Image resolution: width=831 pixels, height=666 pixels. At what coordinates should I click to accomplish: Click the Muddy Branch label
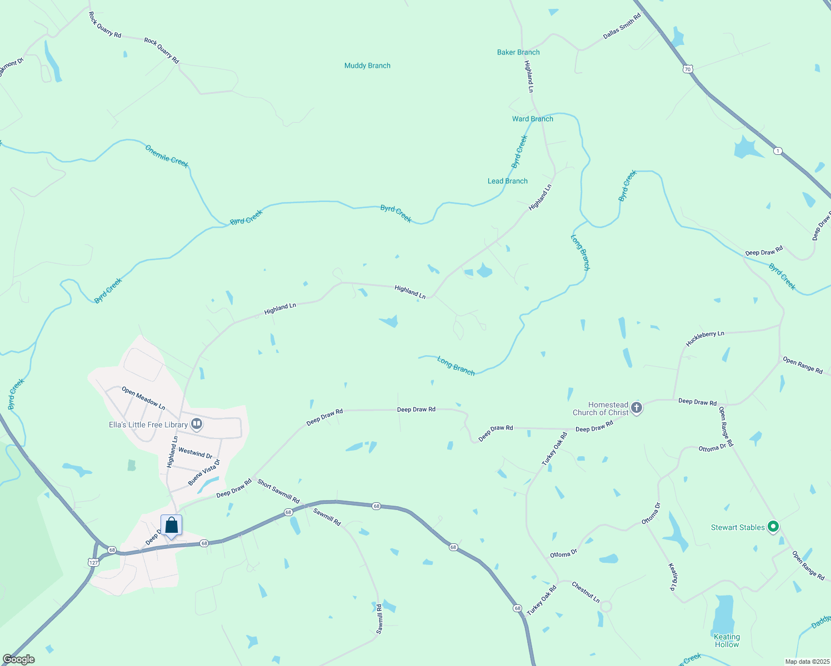[x=367, y=65]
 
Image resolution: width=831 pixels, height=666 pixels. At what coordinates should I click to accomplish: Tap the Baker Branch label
[x=518, y=52]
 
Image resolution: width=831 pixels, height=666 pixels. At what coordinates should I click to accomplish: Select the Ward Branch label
[x=532, y=119]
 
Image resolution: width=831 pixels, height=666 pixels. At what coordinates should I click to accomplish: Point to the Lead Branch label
[x=507, y=181]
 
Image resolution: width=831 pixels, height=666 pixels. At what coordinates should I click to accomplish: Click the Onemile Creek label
[x=167, y=156]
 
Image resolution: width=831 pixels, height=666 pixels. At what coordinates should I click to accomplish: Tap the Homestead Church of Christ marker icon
[x=637, y=408]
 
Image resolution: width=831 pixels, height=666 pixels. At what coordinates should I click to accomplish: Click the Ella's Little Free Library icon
[x=196, y=424]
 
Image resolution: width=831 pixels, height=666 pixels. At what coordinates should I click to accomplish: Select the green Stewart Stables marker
[x=773, y=527]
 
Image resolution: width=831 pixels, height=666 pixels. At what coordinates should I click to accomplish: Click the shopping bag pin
[x=172, y=525]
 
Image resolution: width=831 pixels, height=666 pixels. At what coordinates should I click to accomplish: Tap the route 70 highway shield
[x=688, y=69]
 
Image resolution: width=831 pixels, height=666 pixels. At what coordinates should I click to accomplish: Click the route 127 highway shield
[x=93, y=562]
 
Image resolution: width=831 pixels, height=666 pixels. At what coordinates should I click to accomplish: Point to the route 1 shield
[x=778, y=150]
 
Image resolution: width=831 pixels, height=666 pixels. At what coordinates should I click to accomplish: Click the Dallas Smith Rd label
[x=622, y=26]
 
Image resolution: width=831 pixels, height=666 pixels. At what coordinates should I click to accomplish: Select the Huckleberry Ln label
[x=704, y=339]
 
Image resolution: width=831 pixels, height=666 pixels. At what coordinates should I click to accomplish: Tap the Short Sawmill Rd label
[x=278, y=492]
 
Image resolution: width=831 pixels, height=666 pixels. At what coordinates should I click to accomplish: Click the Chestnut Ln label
[x=585, y=592]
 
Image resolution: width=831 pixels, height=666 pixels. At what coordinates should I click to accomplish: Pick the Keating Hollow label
[x=727, y=640]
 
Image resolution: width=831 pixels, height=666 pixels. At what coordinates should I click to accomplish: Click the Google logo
[x=19, y=659]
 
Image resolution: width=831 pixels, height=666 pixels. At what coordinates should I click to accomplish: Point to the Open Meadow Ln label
[x=143, y=398]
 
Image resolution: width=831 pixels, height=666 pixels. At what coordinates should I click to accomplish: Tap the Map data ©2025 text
[x=806, y=662]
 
